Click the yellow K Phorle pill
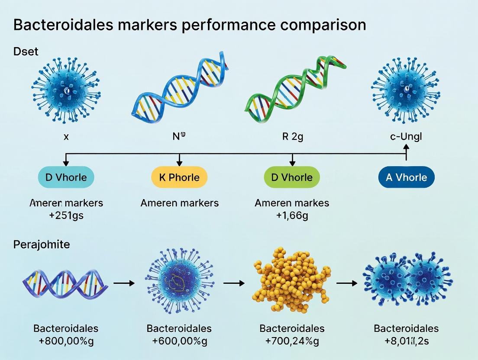coord(179,177)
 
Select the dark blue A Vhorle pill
coord(406,177)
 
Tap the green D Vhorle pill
coord(291,177)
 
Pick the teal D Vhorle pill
coord(66,177)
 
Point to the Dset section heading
coord(26,51)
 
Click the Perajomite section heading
coord(42,244)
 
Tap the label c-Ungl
coord(406,137)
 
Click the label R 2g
coord(292,137)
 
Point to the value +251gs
coord(66,215)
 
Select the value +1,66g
coord(292,215)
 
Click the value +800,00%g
coord(66,341)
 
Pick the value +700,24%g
coord(292,341)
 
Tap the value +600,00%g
coord(179,341)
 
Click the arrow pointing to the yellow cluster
coord(234,283)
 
